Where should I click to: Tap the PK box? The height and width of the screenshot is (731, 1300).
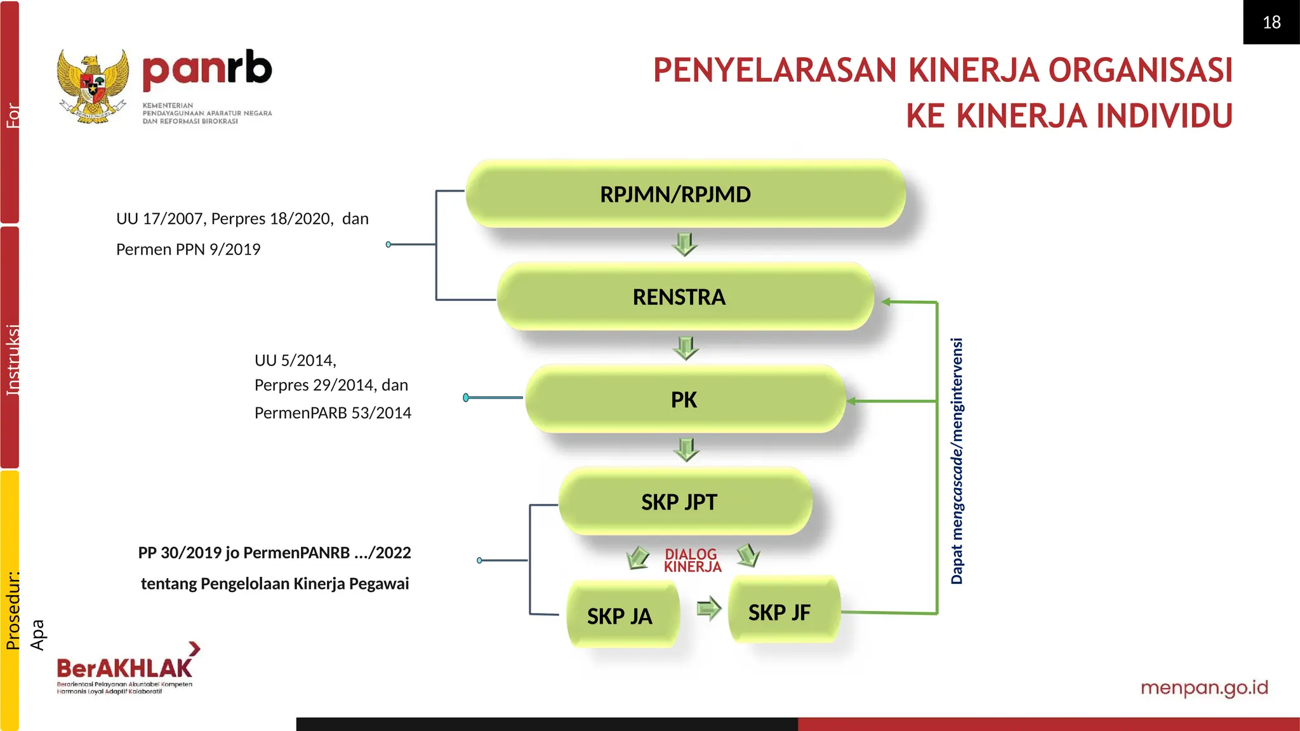684,399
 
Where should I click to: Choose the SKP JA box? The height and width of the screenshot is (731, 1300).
621,615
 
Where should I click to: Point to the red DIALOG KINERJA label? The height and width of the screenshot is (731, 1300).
692,560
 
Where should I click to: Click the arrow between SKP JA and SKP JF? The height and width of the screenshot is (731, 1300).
708,609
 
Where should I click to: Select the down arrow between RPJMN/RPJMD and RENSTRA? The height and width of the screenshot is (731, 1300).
684,244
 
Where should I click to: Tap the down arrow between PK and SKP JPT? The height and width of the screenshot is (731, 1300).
686,449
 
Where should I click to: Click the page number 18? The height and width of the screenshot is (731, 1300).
1271,22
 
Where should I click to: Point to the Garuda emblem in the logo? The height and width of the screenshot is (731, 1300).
93,86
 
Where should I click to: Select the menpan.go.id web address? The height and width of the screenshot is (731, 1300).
1204,688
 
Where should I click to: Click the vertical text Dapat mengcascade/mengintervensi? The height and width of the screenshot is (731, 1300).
957,461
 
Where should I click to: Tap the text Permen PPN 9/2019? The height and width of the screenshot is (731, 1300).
188,249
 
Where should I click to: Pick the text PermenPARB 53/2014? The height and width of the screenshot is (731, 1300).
333,413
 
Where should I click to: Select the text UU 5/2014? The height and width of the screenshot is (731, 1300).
295,360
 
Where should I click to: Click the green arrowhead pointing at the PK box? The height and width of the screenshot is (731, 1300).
852,401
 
